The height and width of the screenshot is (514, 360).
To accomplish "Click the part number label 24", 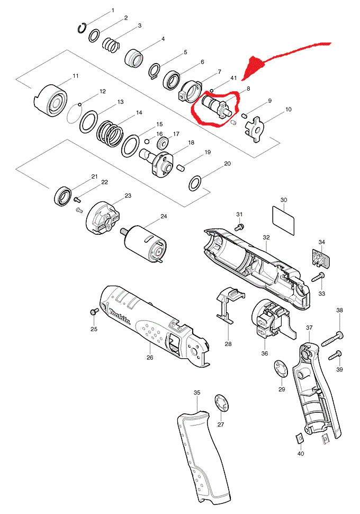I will [x=164, y=216].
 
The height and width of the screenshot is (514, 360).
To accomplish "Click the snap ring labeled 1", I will [x=83, y=29].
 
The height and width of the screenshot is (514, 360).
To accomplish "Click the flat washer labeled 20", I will [x=195, y=183].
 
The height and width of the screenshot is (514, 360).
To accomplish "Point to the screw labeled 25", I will [x=94, y=312].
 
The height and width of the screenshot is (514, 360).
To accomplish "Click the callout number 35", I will [x=197, y=393].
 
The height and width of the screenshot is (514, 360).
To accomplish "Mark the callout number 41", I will [x=233, y=78].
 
